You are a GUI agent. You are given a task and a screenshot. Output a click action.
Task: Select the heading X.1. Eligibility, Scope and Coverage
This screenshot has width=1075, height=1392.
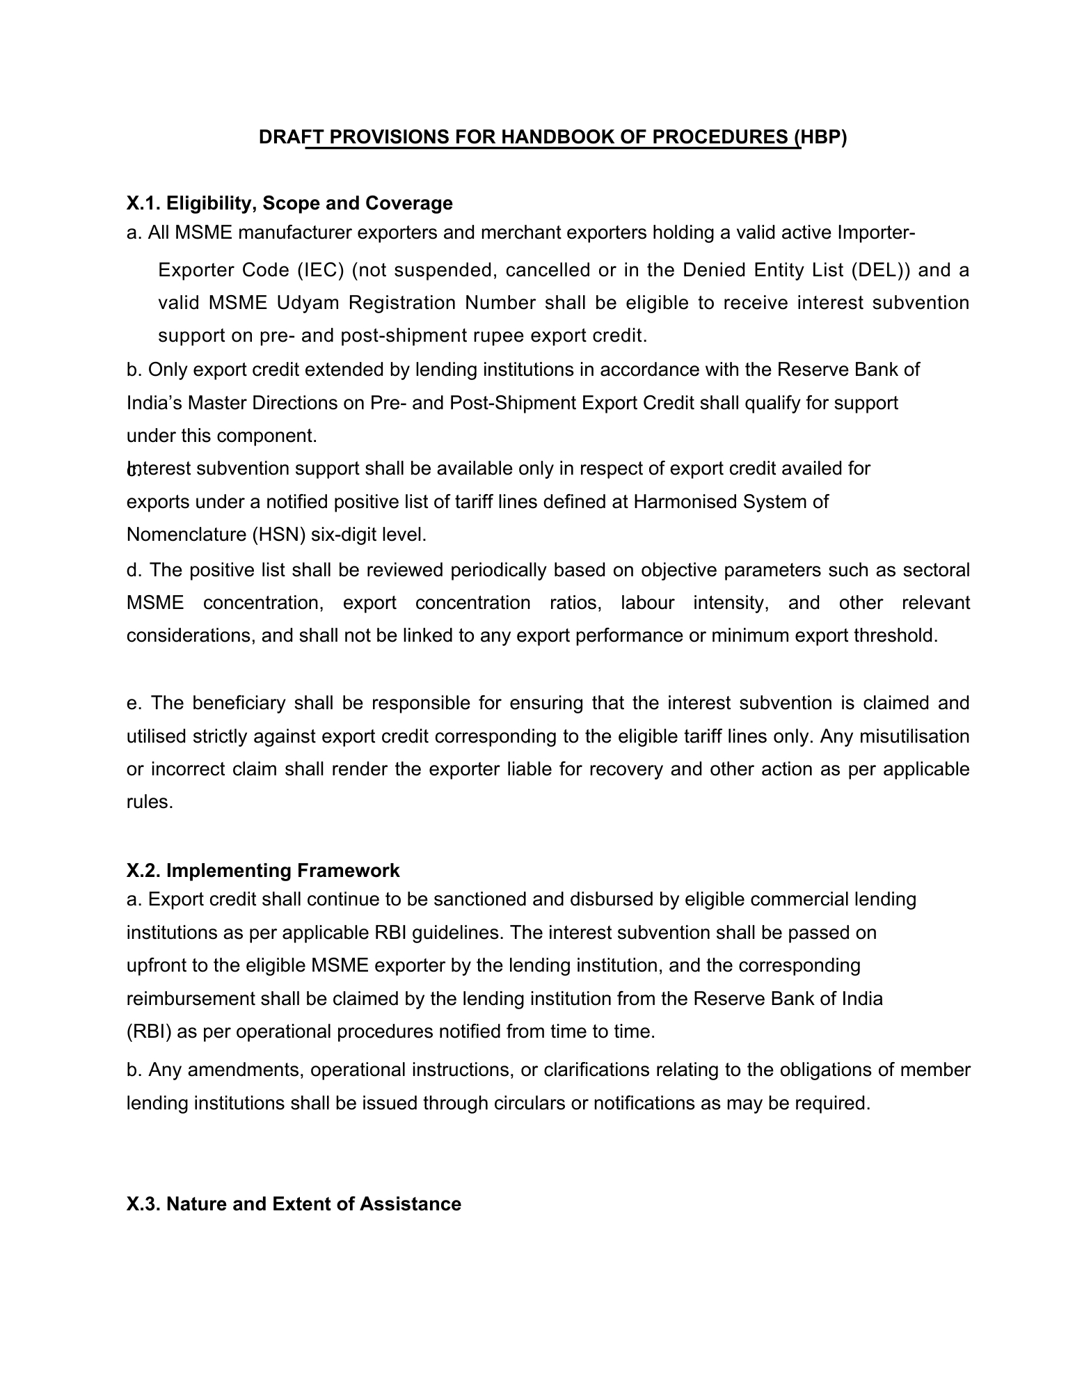(289, 203)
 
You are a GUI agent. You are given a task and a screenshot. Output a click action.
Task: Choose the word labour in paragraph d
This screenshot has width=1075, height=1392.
(647, 603)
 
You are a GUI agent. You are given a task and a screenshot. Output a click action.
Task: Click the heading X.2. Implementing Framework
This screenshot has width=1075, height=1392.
(263, 871)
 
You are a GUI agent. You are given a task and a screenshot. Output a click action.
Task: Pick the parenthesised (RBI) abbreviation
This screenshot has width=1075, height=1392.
(149, 1031)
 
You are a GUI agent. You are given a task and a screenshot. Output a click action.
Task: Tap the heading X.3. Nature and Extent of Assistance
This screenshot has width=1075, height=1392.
(294, 1204)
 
